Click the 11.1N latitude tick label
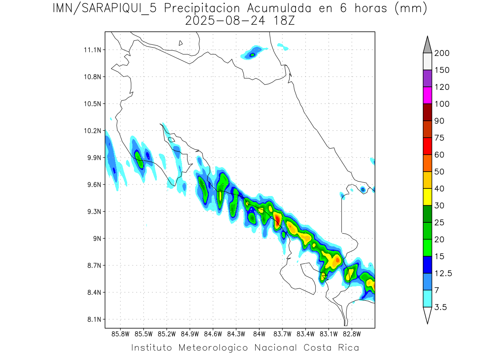[92, 50]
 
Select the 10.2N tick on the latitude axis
[92, 131]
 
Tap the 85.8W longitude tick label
[121, 334]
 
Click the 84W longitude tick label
[259, 334]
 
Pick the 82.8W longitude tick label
[352, 334]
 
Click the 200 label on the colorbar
[442, 53]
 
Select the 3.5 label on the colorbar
[440, 307]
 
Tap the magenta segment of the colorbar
[427, 95]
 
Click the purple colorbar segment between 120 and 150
[427, 78]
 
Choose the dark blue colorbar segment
[427, 264]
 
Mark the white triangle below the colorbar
[427, 314]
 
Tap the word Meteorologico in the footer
[214, 348]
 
